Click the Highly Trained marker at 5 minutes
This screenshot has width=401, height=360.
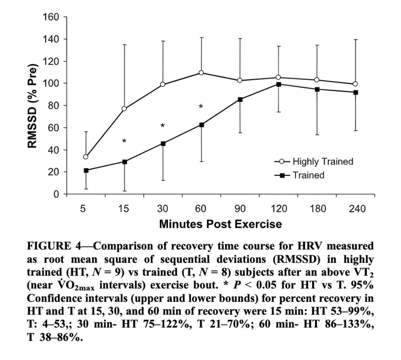(x=86, y=157)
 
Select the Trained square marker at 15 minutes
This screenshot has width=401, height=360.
(x=124, y=162)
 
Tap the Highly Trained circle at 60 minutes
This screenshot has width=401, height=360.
(x=201, y=73)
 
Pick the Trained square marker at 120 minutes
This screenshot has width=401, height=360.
(x=278, y=84)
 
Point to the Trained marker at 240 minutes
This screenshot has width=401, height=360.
(x=355, y=92)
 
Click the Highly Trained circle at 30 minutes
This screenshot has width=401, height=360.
(x=162, y=84)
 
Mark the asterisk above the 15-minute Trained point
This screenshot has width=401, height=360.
(x=124, y=142)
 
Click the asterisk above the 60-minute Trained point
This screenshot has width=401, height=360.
(x=201, y=107)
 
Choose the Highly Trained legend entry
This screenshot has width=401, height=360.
(x=313, y=161)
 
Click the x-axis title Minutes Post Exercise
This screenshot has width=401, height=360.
(x=220, y=224)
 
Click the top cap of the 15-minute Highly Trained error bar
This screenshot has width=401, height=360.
(x=124, y=44)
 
